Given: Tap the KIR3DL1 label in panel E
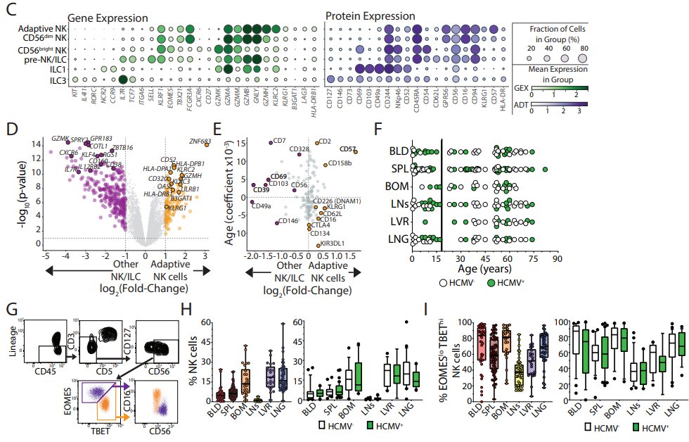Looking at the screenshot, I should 331,243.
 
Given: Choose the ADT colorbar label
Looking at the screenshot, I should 522,110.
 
